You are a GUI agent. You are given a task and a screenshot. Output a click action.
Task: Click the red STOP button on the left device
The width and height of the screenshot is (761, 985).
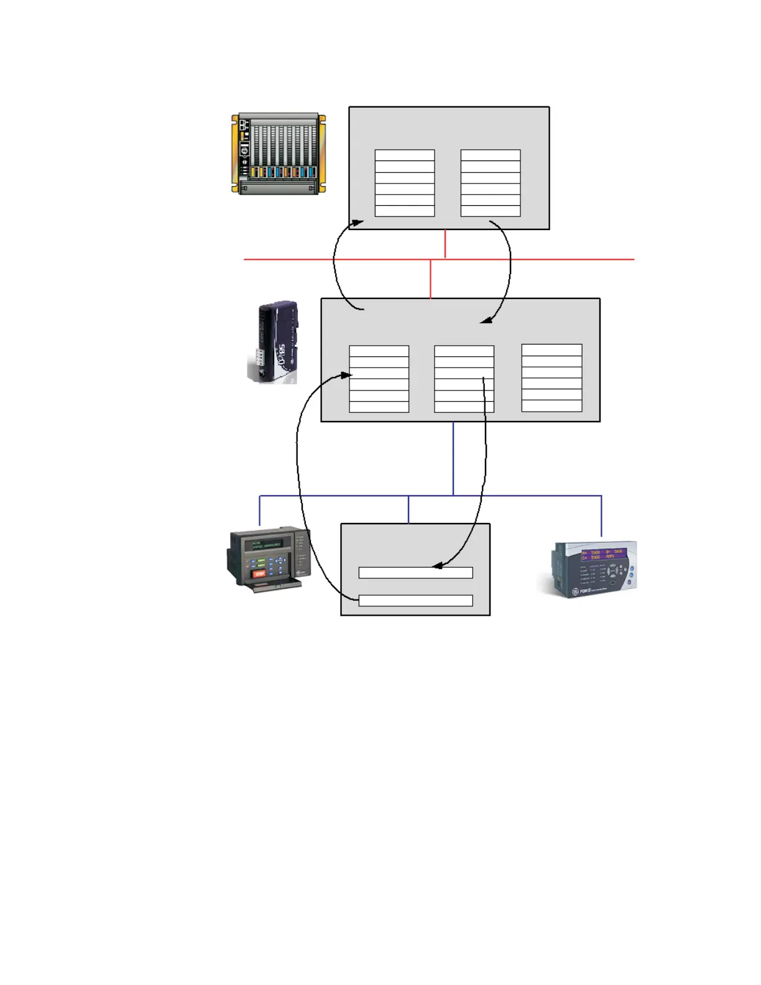pyautogui.click(x=260, y=574)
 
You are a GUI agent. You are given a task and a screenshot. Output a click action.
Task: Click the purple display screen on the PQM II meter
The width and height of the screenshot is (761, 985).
pyautogui.click(x=602, y=554)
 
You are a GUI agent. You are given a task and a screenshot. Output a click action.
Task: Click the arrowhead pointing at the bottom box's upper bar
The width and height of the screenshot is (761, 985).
pyautogui.click(x=437, y=566)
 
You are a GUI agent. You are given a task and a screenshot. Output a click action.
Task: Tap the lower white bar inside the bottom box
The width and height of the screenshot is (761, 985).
pyautogui.click(x=415, y=601)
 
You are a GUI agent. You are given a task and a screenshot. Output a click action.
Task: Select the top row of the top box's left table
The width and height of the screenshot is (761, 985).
pyautogui.click(x=404, y=155)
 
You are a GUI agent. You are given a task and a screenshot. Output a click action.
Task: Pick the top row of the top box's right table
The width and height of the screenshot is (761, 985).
pyautogui.click(x=490, y=155)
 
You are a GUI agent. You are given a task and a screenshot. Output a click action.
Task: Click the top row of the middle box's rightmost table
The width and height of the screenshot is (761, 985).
pyautogui.click(x=551, y=350)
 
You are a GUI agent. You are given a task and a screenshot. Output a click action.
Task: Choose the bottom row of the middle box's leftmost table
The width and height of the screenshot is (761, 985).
pyautogui.click(x=379, y=407)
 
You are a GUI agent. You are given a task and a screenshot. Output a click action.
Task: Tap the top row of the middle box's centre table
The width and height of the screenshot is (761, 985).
pyautogui.click(x=464, y=351)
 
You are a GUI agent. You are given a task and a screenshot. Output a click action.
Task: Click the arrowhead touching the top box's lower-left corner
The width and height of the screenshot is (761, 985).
pyautogui.click(x=357, y=223)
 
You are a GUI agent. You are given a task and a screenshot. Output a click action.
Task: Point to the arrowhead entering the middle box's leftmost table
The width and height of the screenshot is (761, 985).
pyautogui.click(x=346, y=375)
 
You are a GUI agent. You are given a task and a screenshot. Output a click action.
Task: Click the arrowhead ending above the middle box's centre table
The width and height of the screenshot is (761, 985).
pyautogui.click(x=486, y=321)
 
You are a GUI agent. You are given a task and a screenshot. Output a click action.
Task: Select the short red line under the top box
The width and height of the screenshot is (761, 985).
pyautogui.click(x=445, y=244)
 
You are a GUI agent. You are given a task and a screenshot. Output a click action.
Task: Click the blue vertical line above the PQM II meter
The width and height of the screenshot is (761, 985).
pyautogui.click(x=601, y=516)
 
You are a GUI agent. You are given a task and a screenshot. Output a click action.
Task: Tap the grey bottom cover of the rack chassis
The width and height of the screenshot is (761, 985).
pyautogui.click(x=279, y=187)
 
